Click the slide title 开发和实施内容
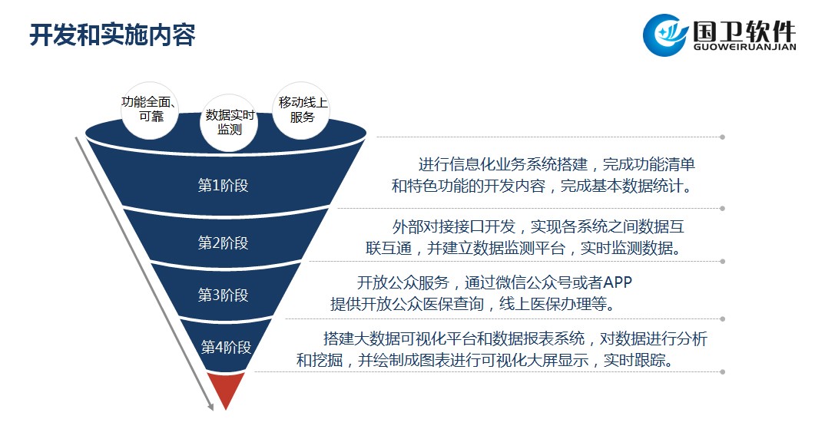pos(113,35)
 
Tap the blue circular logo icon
pos(666,35)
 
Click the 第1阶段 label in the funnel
pos(224,185)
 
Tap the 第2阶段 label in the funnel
pos(224,243)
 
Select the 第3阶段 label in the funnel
pos(224,295)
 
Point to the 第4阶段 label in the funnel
pos(227,347)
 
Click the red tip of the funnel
pos(227,389)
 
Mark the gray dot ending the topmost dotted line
pos(722,137)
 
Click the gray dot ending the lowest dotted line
pos(722,371)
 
